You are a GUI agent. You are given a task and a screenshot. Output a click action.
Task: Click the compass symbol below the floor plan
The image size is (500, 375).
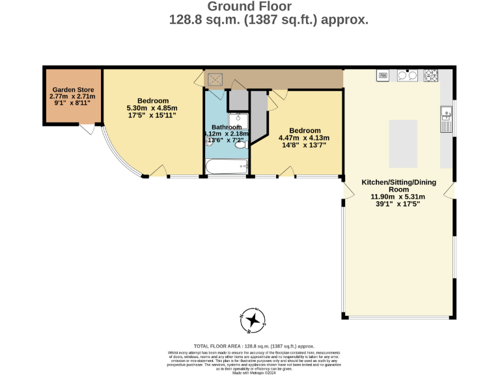tap(253, 320)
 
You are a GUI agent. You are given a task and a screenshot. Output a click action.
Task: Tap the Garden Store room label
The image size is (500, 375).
tap(72, 90)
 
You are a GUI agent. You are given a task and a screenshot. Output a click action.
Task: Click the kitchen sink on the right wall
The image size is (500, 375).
tap(447, 119)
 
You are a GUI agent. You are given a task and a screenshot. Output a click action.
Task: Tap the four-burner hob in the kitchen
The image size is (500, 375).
tap(431, 76)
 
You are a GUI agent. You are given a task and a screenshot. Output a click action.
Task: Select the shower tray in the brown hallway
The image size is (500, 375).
tap(215, 79)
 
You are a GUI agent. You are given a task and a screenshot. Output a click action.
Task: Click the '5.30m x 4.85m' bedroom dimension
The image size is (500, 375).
tap(152, 108)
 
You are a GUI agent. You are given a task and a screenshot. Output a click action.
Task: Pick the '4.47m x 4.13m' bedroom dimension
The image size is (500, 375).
tap(304, 137)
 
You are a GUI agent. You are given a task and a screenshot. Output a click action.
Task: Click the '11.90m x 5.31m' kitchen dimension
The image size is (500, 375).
tap(398, 197)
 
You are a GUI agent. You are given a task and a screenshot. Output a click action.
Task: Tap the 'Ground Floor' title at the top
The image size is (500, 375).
tap(249, 7)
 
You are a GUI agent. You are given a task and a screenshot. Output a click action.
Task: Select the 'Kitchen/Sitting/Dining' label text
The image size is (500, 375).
tap(398, 182)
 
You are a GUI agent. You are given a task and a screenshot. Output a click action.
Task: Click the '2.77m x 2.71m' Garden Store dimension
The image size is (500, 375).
tap(72, 96)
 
